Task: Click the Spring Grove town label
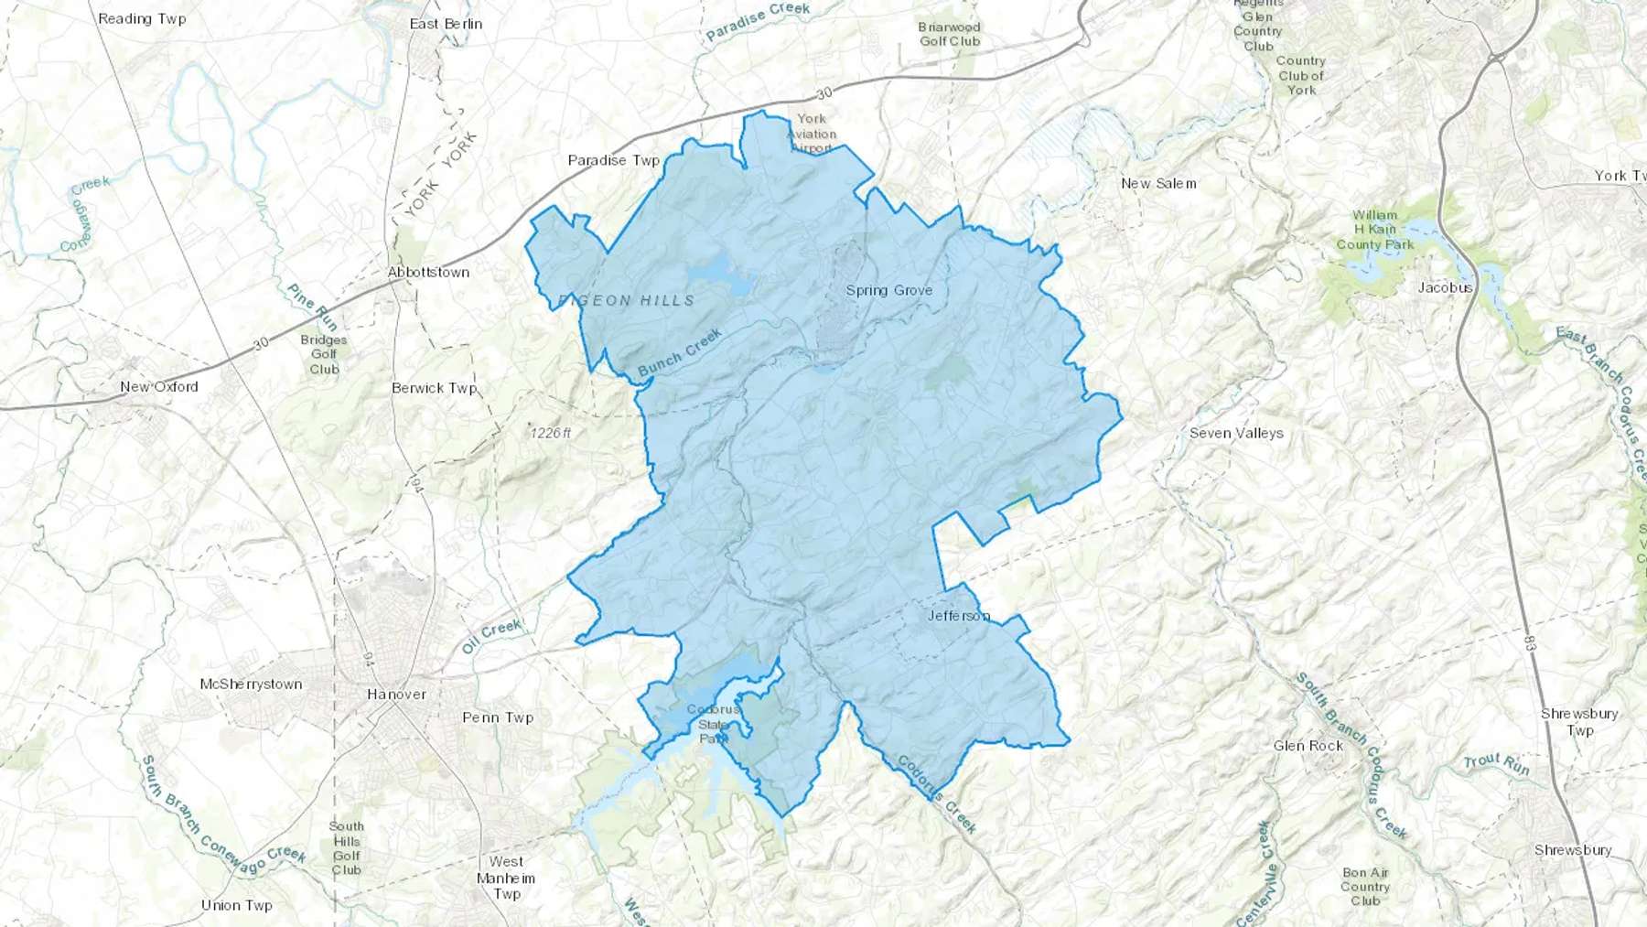pos(888,290)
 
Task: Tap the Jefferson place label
pos(958,616)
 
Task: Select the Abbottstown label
pos(428,272)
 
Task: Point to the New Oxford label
pos(159,386)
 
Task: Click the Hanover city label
pos(396,694)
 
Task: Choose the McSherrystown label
pos(251,684)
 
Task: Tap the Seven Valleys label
pos(1235,433)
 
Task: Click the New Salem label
pos(1158,183)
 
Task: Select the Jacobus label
pos(1445,287)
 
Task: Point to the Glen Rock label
pos(1308,746)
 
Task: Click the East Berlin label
pos(446,24)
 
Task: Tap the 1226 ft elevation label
pos(551,433)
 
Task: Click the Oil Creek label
pos(491,636)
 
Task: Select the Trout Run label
pos(1496,763)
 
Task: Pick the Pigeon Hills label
pos(627,300)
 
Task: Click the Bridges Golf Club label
pos(324,354)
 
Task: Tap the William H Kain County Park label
pos(1374,230)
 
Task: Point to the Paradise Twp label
pos(613,160)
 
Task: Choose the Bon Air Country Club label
pos(1365,887)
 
